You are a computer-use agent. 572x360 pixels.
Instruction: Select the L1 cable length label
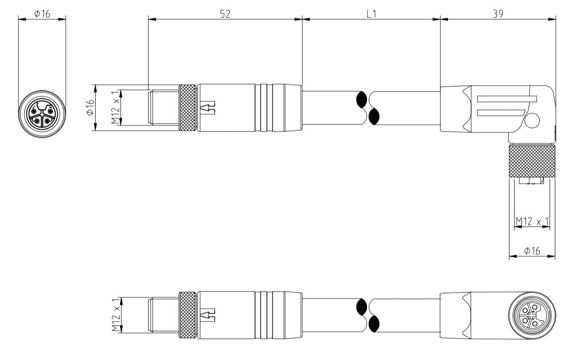click(x=371, y=14)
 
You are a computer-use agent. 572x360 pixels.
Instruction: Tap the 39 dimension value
click(x=497, y=14)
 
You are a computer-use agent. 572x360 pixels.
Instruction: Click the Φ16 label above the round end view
click(x=42, y=14)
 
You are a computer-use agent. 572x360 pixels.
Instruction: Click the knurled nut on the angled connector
click(x=532, y=162)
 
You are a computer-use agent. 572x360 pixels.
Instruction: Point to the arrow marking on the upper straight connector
click(x=207, y=108)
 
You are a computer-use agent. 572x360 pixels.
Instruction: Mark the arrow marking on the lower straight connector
click(x=207, y=316)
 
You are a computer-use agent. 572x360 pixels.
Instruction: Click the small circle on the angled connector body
click(x=532, y=121)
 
